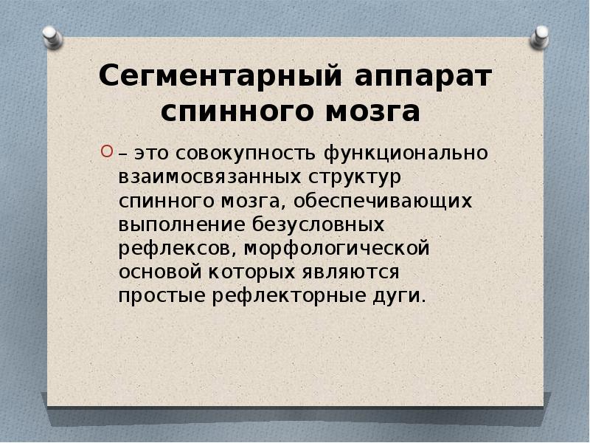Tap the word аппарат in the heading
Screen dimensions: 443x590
[x=423, y=78]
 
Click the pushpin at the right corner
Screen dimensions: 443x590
[x=541, y=35]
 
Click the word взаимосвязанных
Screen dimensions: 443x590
[x=209, y=178]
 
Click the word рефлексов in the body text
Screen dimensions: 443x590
[x=173, y=248]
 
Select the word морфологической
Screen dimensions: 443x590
[x=336, y=248]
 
